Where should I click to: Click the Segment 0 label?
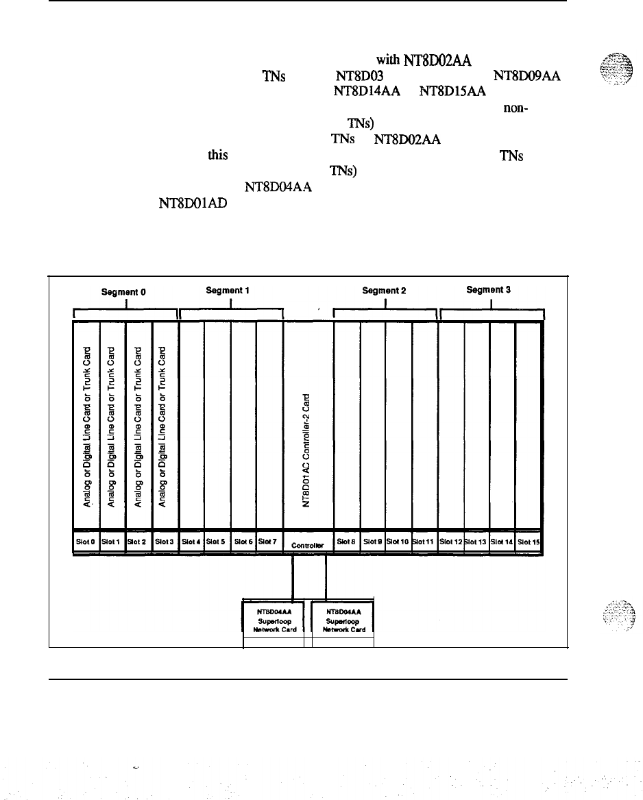pos(124,291)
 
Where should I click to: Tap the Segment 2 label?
pos(384,290)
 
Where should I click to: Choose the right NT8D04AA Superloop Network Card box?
pos(343,619)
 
